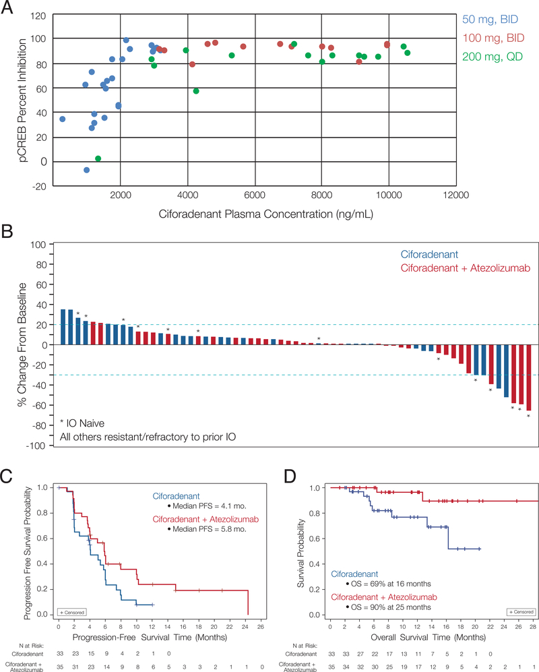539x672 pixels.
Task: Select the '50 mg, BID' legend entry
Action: click(x=495, y=22)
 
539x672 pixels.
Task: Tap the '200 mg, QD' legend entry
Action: click(x=495, y=53)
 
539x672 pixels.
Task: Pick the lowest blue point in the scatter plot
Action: click(x=86, y=170)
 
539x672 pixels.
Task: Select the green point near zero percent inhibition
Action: click(x=98, y=158)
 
